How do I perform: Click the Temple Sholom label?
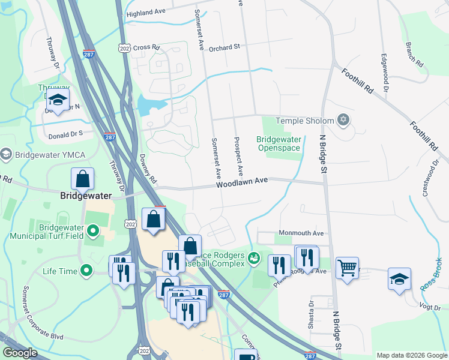tap(304, 121)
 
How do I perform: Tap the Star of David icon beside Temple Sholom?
tap(344, 121)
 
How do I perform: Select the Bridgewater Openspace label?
tap(279, 143)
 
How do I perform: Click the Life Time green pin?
tap(86, 271)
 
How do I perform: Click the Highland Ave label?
tap(145, 13)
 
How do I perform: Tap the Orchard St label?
tap(224, 46)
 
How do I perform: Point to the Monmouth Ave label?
tap(301, 233)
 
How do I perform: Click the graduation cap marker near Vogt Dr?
tap(399, 279)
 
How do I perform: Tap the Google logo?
tap(20, 353)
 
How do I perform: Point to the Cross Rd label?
tap(146, 47)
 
